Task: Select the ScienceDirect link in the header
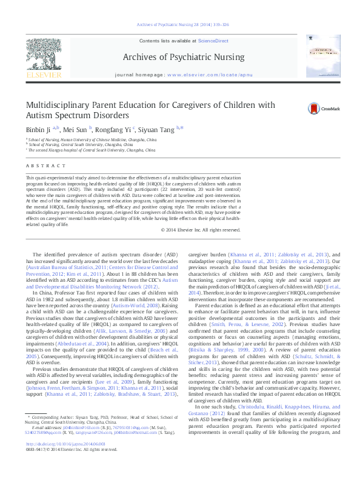(x=213, y=40)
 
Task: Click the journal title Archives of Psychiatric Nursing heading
(x=179, y=58)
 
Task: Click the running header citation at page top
(x=179, y=25)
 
